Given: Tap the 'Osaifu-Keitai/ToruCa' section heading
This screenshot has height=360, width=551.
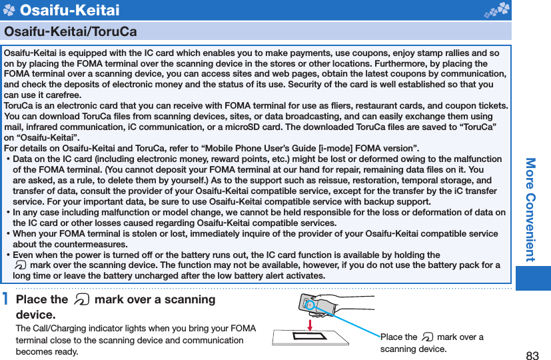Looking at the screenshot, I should coord(71,31).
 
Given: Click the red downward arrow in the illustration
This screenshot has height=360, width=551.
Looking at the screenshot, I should coord(310,324).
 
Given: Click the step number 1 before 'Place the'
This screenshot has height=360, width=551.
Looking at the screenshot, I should coord(6,300).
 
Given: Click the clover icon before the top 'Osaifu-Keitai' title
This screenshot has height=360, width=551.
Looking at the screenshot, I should coord(9,10).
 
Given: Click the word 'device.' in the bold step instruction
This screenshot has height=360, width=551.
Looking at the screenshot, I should coord(35,314).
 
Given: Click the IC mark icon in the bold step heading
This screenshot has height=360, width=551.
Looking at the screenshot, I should coord(81,300).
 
